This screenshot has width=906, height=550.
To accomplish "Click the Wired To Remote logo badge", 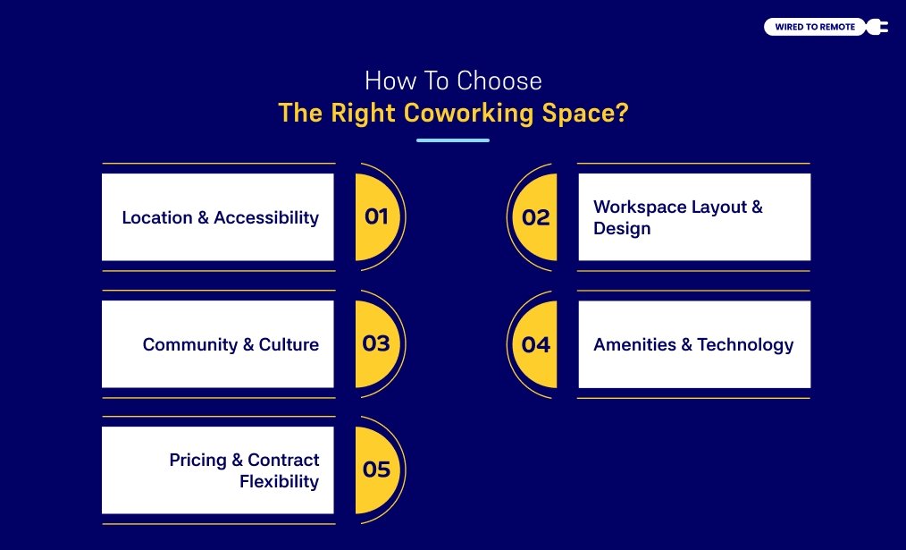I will click(815, 27).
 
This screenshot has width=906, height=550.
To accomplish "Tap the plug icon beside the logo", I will click(877, 27).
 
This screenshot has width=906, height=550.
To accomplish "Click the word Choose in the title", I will click(499, 81).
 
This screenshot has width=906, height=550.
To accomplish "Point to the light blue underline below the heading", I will click(453, 140).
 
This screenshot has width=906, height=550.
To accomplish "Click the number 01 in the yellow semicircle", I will click(376, 216).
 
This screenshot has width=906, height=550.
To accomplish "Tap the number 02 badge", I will click(536, 217).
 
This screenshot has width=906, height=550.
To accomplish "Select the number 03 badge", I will click(376, 343).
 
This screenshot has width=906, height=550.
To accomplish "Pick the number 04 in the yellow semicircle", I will click(536, 344).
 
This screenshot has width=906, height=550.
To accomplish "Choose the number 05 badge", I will click(376, 470).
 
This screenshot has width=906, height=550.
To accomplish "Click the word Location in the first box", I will click(157, 217).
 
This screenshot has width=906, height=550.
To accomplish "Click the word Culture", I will click(289, 344).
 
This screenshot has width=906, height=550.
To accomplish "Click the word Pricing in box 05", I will click(198, 460).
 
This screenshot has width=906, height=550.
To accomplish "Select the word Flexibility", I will click(279, 481).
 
